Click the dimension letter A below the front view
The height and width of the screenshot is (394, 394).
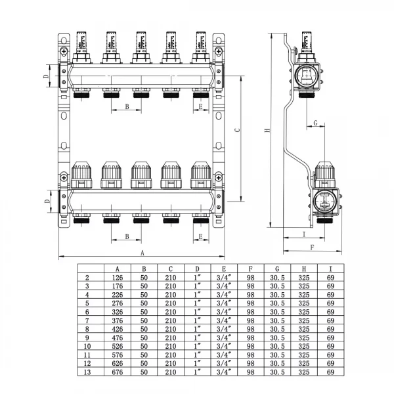pos(142,252)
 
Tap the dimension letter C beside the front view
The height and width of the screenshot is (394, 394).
pos(237,129)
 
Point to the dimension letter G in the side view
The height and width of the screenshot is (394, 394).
pos(315,123)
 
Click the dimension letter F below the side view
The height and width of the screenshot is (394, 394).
pos(312,248)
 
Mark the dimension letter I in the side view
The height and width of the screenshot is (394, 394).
pos(304,233)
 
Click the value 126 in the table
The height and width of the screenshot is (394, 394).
pos(117,277)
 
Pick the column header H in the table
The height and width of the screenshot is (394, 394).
pos(303,269)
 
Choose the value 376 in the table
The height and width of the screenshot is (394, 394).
pos(117,320)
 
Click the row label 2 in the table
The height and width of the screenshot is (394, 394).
pos(87,277)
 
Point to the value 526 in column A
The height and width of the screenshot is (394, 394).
pos(117,346)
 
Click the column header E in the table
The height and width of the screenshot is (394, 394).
pos(223,269)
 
